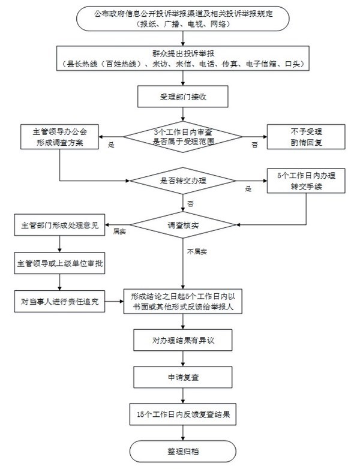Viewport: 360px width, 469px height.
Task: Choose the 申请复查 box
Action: click(180, 377)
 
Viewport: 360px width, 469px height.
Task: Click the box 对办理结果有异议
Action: click(180, 341)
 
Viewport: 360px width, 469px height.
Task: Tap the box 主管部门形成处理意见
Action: click(60, 226)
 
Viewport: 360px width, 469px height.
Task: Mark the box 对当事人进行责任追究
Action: click(60, 301)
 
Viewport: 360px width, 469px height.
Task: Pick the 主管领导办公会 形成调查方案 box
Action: click(60, 137)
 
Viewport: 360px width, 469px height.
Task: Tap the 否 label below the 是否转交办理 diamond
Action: click(190, 203)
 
